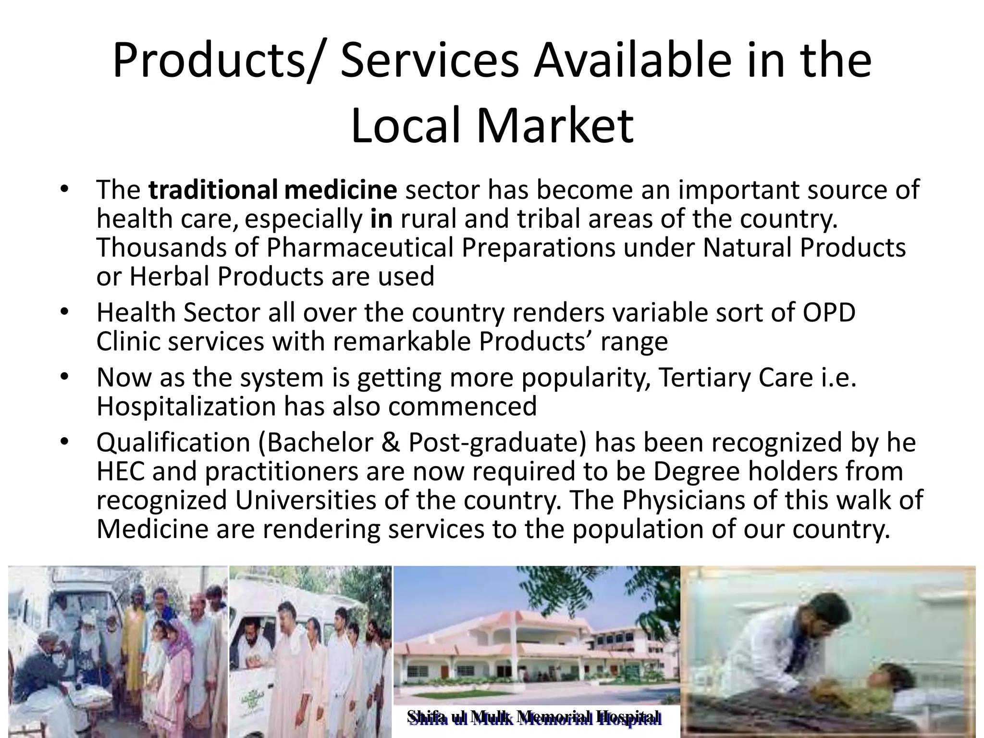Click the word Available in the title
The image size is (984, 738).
633,61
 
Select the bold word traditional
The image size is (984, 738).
212,189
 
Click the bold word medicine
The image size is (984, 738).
341,189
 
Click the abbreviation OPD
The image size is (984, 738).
829,312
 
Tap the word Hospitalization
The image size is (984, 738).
186,406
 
